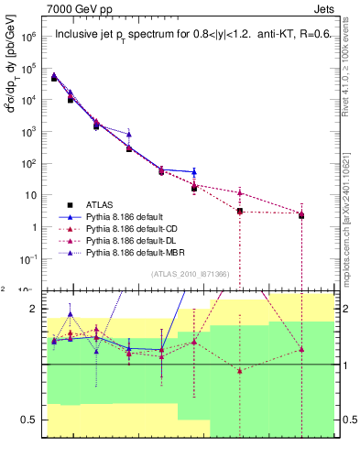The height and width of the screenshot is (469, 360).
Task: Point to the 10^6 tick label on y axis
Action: tap(29, 38)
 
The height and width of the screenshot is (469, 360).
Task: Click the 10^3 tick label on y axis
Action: tap(29, 132)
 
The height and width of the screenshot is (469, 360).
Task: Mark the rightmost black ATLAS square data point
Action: tap(301, 215)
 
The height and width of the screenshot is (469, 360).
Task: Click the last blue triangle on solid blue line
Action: tap(193, 171)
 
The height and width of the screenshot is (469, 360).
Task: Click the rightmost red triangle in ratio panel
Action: tap(301, 350)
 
